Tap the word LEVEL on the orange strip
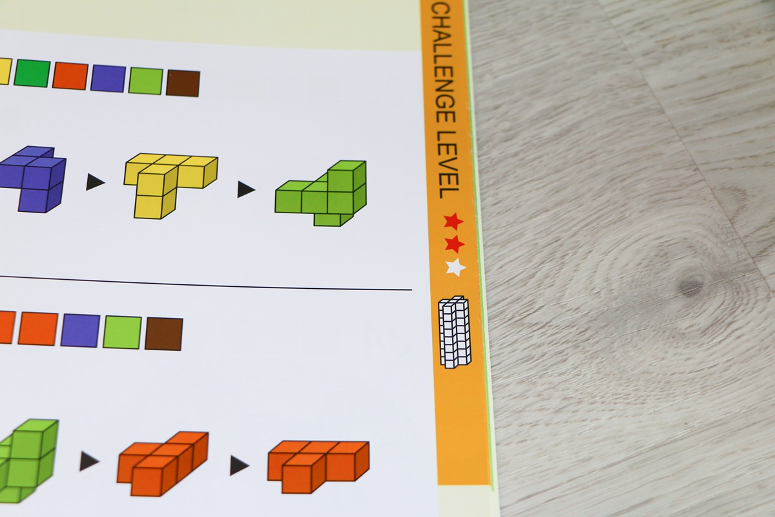(448, 165)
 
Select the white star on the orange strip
(456, 268)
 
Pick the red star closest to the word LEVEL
(453, 222)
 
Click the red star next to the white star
(454, 244)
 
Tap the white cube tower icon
(455, 332)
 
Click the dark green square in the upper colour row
(32, 73)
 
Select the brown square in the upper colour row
(183, 83)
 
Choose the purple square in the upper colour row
(108, 78)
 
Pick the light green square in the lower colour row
(122, 332)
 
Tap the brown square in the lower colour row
(164, 334)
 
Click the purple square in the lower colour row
(80, 330)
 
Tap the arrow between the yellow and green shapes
(246, 189)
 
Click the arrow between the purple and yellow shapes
(95, 182)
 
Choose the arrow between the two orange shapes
(240, 465)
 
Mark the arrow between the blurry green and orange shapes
(89, 461)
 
